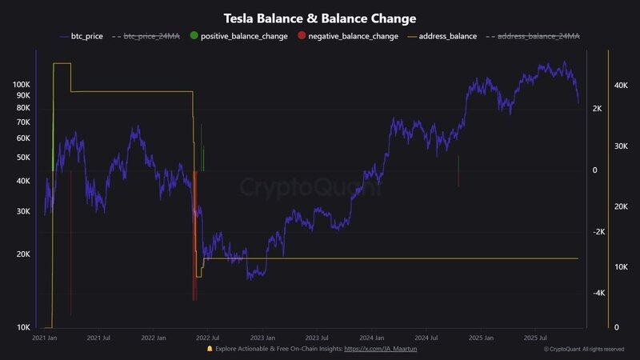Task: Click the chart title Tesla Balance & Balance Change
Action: tap(319, 18)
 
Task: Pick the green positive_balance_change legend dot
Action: tap(194, 37)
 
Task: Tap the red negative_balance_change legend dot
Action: tap(301, 37)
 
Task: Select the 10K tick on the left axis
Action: tap(23, 327)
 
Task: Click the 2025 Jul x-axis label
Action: tap(537, 338)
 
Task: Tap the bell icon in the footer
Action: tap(210, 349)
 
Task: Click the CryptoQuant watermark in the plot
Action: tap(310, 187)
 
